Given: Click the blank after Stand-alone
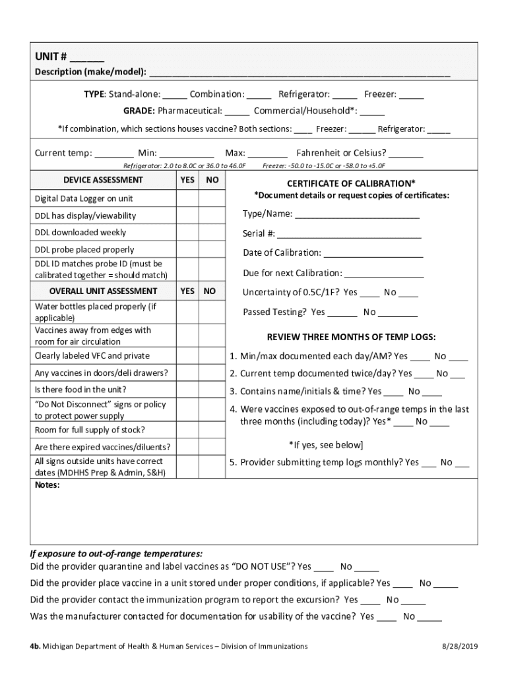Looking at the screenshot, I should [x=175, y=95].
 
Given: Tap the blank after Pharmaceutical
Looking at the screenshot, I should [x=237, y=111].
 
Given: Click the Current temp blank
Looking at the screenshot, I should [x=113, y=154].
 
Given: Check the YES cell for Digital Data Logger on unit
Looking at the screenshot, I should [x=187, y=198].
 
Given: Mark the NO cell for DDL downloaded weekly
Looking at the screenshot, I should [x=212, y=233].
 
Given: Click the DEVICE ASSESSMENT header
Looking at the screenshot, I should [x=103, y=180].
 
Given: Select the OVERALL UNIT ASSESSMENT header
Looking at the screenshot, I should [x=103, y=291].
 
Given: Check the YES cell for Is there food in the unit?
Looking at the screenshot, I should [x=187, y=390].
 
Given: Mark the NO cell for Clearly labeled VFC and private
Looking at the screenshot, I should [x=212, y=356].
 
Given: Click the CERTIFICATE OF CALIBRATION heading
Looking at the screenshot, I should [x=351, y=183].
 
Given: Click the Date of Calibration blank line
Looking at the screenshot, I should [x=373, y=254].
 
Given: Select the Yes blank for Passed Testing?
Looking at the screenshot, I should [x=342, y=313].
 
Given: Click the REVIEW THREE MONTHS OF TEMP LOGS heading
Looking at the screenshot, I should [x=351, y=337].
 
